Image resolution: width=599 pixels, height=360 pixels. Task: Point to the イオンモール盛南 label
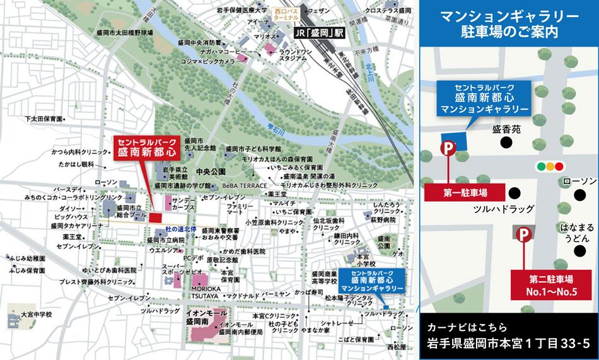205,316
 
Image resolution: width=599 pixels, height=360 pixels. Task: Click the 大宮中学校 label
36,313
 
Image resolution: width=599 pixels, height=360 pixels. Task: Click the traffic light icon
549,167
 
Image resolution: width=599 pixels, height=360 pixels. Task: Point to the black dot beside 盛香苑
506,142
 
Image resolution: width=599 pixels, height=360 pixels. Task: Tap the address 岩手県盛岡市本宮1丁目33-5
508,343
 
